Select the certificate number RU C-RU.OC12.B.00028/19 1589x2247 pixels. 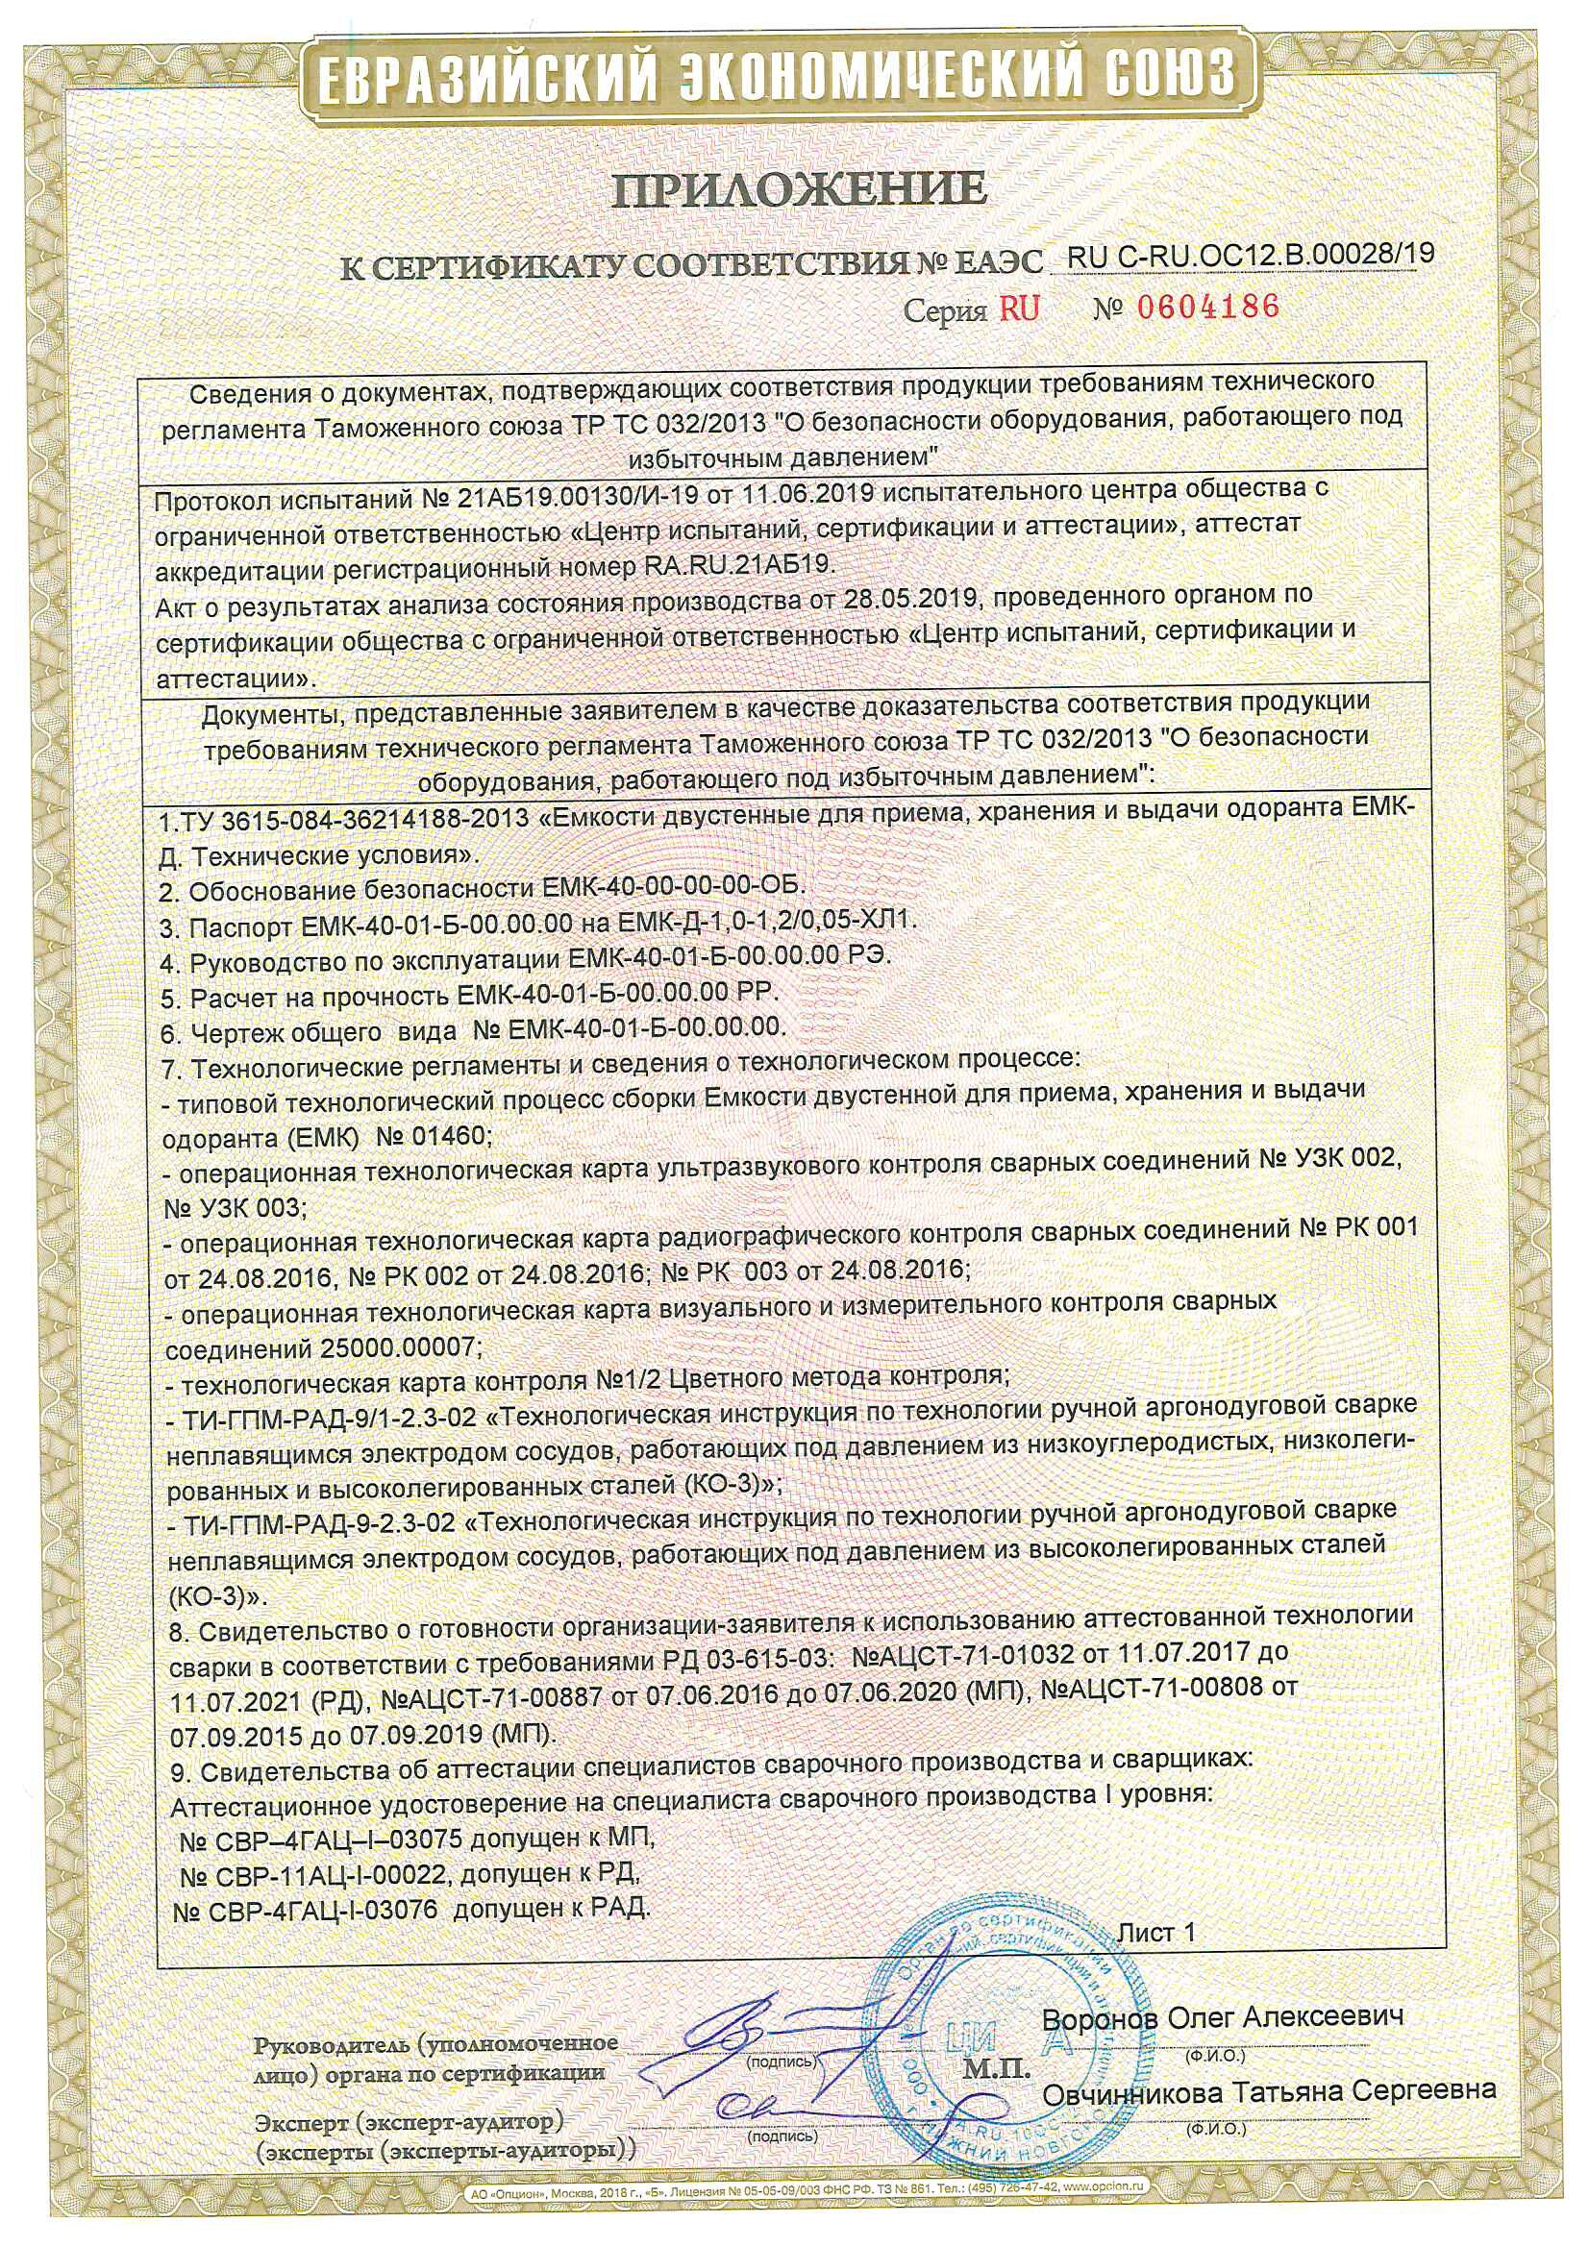(x=1252, y=255)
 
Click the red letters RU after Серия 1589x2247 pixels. (x=1019, y=309)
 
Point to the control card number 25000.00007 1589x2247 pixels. (x=402, y=1347)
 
